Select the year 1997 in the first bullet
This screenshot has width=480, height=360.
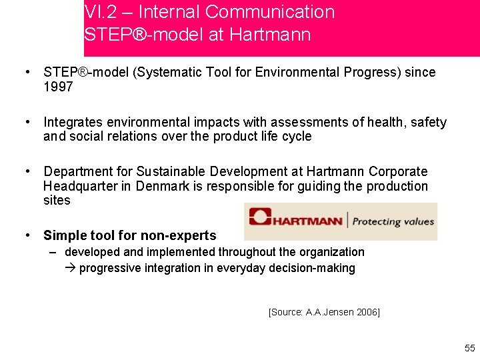tap(58, 87)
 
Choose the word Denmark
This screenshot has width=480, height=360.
tap(163, 186)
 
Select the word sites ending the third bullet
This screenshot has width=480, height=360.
tap(57, 200)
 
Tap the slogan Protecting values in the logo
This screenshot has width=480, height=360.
tap(393, 221)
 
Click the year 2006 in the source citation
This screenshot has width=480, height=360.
tap(367, 312)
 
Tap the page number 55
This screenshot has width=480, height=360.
tap(470, 348)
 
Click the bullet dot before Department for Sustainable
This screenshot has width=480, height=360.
tap(27, 172)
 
